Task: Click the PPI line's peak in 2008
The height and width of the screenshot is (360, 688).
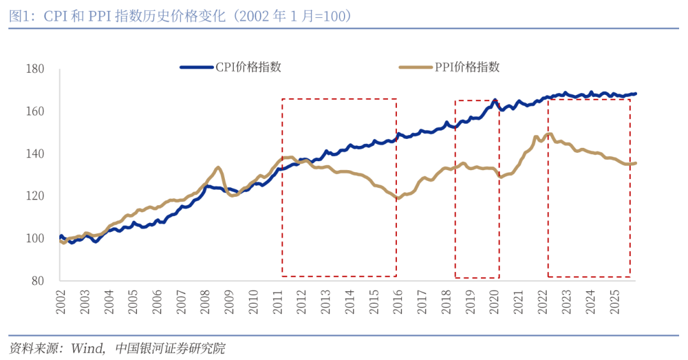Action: [218, 168]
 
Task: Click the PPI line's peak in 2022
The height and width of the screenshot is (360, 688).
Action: [548, 134]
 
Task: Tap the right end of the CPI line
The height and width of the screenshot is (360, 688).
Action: [635, 94]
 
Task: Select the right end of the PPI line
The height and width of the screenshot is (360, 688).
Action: [635, 163]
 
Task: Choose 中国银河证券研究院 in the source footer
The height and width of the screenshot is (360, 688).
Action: [170, 349]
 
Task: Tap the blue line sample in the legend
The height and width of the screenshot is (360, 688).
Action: [197, 67]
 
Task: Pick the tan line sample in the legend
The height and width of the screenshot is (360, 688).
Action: [415, 67]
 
